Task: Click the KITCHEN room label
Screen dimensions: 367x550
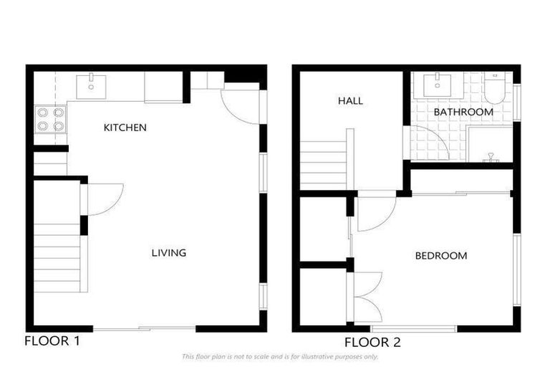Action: coord(125,128)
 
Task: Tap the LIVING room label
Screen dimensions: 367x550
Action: coord(169,252)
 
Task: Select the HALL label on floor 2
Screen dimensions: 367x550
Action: coord(350,101)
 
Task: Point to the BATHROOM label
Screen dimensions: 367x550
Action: coord(463,112)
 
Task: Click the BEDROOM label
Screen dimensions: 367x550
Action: coord(441,255)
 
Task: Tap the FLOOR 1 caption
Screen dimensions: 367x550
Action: coord(52,340)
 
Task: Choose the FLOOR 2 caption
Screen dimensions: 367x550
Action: coord(372,342)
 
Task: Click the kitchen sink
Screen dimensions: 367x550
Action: coord(91,85)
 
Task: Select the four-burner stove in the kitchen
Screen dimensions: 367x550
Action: coord(50,119)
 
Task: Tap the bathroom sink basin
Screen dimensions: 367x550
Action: coord(436,85)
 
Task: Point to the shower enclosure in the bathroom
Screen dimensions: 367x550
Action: coord(491,143)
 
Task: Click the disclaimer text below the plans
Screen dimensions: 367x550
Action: coord(280,356)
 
